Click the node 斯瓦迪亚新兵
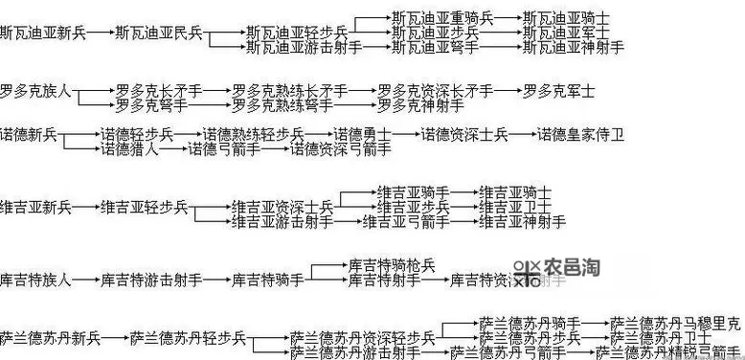pyautogui.click(x=42, y=34)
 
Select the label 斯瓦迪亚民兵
pyautogui.click(x=158, y=34)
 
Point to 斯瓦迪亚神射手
pyautogui.click(x=575, y=47)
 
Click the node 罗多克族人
pyautogui.click(x=35, y=92)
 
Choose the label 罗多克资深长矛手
pyautogui.click(x=436, y=92)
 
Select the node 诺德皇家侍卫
pyautogui.click(x=580, y=135)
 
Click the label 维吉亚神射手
pyautogui.click(x=523, y=222)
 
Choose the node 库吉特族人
pyautogui.click(x=35, y=281)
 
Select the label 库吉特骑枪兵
pyautogui.click(x=392, y=265)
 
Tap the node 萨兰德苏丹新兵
pyautogui.click(x=50, y=338)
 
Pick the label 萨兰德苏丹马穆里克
pyautogui.click(x=675, y=324)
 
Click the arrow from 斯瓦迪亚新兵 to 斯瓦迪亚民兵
pyautogui.click(x=100, y=34)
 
